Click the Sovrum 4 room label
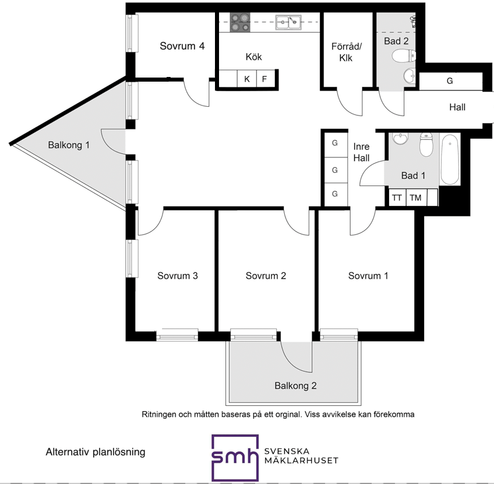coord(182,46)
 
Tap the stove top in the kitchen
coord(240,22)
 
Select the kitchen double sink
coord(288,22)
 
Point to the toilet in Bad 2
coord(404,57)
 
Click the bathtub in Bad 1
coord(450,159)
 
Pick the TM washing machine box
coord(416,198)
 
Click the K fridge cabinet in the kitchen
coord(247,79)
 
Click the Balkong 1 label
coord(69,145)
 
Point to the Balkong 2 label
coord(295,385)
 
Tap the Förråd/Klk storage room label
coord(346,52)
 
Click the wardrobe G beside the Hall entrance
coord(450,81)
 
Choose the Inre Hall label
coord(361,152)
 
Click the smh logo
coord(235,458)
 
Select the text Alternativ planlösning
coord(96,452)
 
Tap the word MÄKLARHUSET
coord(301,461)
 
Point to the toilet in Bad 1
coord(426,145)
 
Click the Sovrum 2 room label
coord(266,276)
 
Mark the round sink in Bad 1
coord(400,138)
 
